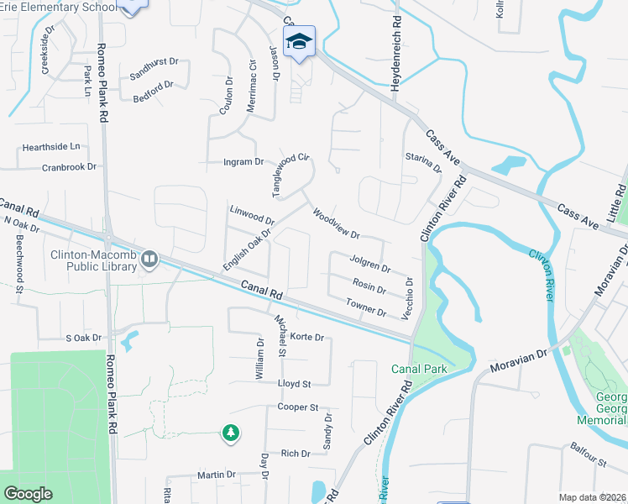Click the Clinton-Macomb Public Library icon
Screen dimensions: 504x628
click(x=149, y=259)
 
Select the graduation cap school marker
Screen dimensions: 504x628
click(x=299, y=41)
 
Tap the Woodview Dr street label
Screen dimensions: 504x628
click(x=335, y=223)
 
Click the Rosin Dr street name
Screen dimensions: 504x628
click(x=369, y=287)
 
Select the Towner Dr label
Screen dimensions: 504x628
click(x=365, y=307)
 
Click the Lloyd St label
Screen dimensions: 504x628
click(x=294, y=383)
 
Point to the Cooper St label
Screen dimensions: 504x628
click(x=298, y=407)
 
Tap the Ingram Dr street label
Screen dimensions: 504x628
click(x=243, y=161)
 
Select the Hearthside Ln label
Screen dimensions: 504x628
click(x=51, y=147)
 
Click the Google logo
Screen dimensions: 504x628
click(x=29, y=494)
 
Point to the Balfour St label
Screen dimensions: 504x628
click(x=589, y=455)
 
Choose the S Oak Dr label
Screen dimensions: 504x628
click(x=83, y=338)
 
